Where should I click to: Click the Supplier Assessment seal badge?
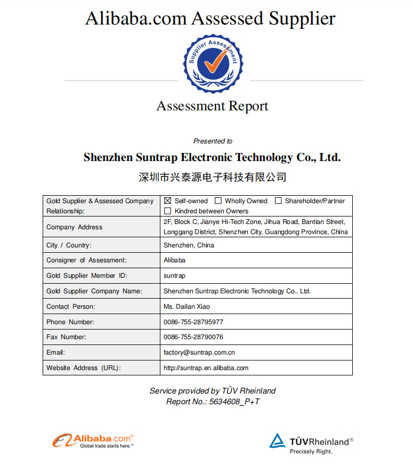coord(213,63)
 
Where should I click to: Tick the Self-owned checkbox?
coord(167,201)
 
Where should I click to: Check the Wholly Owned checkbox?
coord(218,201)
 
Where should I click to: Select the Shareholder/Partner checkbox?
coord(278,201)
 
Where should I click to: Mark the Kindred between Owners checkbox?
coord(167,211)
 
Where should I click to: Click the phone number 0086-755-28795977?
coord(193,322)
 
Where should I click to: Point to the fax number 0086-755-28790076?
coord(193,337)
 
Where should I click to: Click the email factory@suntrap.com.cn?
coord(199,352)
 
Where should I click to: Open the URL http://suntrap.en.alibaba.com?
coord(206,368)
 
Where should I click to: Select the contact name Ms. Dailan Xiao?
coord(187,307)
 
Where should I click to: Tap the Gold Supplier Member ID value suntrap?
coord(174,276)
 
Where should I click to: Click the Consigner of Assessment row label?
coord(86,260)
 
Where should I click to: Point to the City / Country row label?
coord(69,245)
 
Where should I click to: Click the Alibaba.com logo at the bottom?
coord(93,440)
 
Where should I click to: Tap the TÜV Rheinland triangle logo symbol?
coord(277,440)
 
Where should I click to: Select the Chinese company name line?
coord(212,177)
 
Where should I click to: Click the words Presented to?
coord(213,141)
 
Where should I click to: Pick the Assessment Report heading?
coord(212,106)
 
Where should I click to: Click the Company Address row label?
coord(74,227)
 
